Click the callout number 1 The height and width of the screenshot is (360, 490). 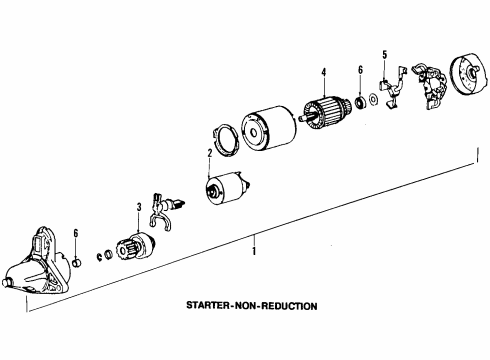pyautogui.click(x=254, y=251)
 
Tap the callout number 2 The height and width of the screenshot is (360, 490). pyautogui.click(x=210, y=153)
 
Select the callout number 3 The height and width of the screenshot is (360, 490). pyautogui.click(x=139, y=207)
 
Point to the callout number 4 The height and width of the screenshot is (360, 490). pyautogui.click(x=324, y=72)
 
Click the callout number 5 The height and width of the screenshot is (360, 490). pyautogui.click(x=385, y=55)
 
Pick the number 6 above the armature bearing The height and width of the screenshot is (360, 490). pyautogui.click(x=360, y=70)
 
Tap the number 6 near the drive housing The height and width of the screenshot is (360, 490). pyautogui.click(x=76, y=233)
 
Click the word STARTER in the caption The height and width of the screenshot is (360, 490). pyautogui.click(x=207, y=305)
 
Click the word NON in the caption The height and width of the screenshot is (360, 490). pyautogui.click(x=245, y=305)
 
